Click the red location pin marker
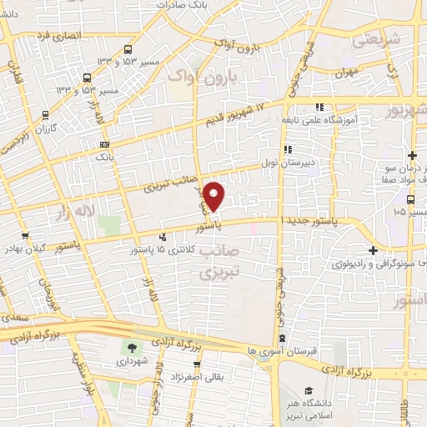[x=214, y=196]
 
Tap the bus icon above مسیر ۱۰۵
[x=411, y=198]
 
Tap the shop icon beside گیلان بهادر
[x=27, y=235]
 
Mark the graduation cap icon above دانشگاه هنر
[x=309, y=390]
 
